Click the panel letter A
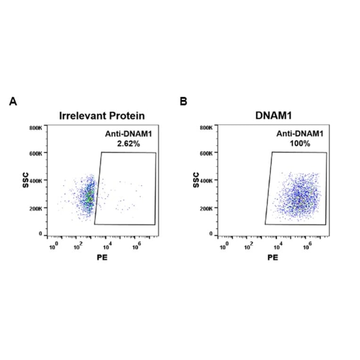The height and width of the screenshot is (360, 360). click(13, 101)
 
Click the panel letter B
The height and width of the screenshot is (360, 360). click(184, 101)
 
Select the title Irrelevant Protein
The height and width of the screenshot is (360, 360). click(102, 116)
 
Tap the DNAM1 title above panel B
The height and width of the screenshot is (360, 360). click(273, 116)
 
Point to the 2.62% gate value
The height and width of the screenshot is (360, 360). click(128, 144)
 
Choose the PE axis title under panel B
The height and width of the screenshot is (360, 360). click(273, 258)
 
